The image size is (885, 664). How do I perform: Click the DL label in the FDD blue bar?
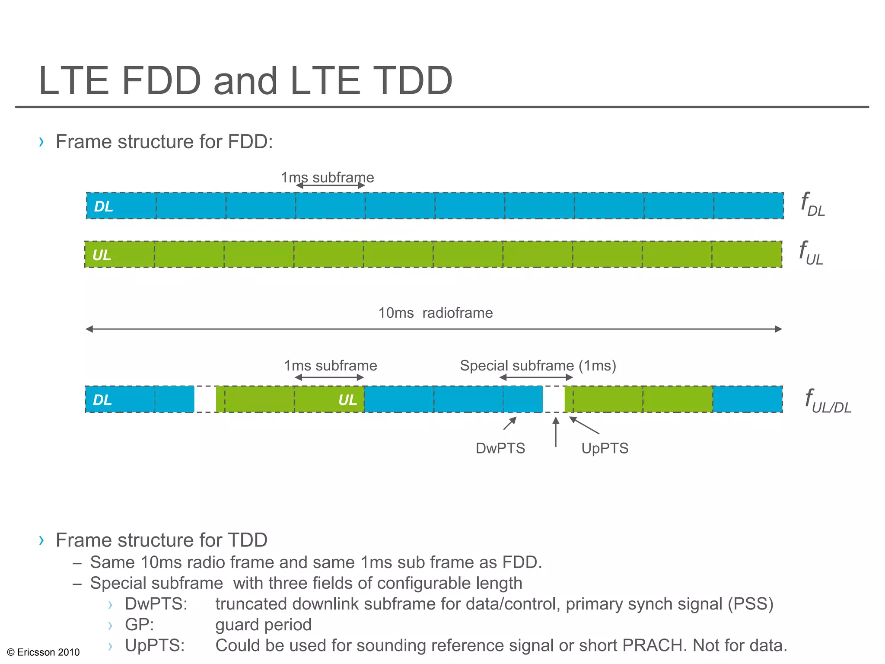coord(104,207)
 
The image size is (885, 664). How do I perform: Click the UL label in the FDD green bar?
coord(102,255)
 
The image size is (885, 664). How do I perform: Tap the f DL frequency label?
coord(812,204)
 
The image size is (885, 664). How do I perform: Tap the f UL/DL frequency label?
coord(828,401)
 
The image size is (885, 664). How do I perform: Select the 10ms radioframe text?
coord(436,313)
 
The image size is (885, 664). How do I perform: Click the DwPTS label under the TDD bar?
coord(500,448)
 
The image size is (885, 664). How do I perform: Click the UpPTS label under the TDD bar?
coord(605,448)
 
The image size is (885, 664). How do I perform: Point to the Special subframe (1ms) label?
coord(538,366)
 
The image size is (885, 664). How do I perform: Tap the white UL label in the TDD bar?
coord(348,400)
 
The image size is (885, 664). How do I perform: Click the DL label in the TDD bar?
coord(102,400)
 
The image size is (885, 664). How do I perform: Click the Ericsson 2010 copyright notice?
coord(44,652)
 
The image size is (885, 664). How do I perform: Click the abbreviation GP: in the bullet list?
coord(139,625)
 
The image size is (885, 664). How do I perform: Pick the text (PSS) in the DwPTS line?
coord(750,604)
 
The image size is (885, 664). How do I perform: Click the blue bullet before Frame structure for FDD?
coord(41,142)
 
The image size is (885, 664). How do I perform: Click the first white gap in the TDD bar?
coord(205,399)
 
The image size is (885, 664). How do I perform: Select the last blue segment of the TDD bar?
coord(747,399)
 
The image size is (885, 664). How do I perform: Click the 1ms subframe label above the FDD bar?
coord(327,177)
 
